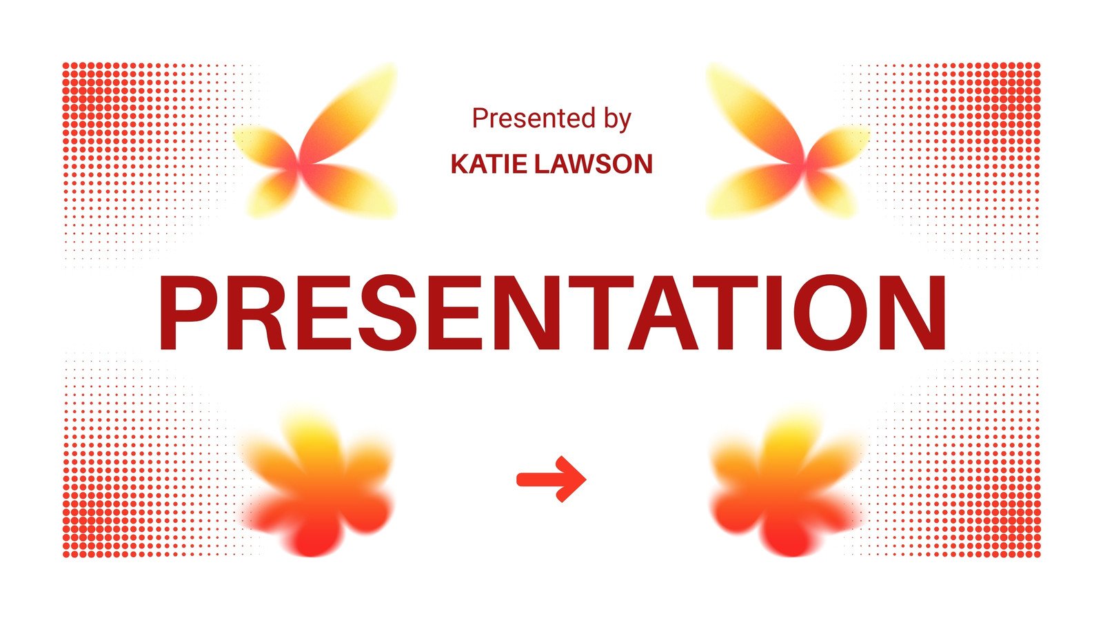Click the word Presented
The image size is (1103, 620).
(534, 118)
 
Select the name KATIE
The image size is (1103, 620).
(489, 164)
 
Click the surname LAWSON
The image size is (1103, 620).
(594, 164)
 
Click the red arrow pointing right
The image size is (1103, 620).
(551, 479)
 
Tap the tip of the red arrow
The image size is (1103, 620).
(586, 479)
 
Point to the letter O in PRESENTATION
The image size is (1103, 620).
(831, 313)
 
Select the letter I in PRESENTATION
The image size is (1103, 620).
(775, 313)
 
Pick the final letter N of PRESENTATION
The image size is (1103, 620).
(913, 313)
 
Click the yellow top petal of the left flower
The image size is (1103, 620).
(310, 438)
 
